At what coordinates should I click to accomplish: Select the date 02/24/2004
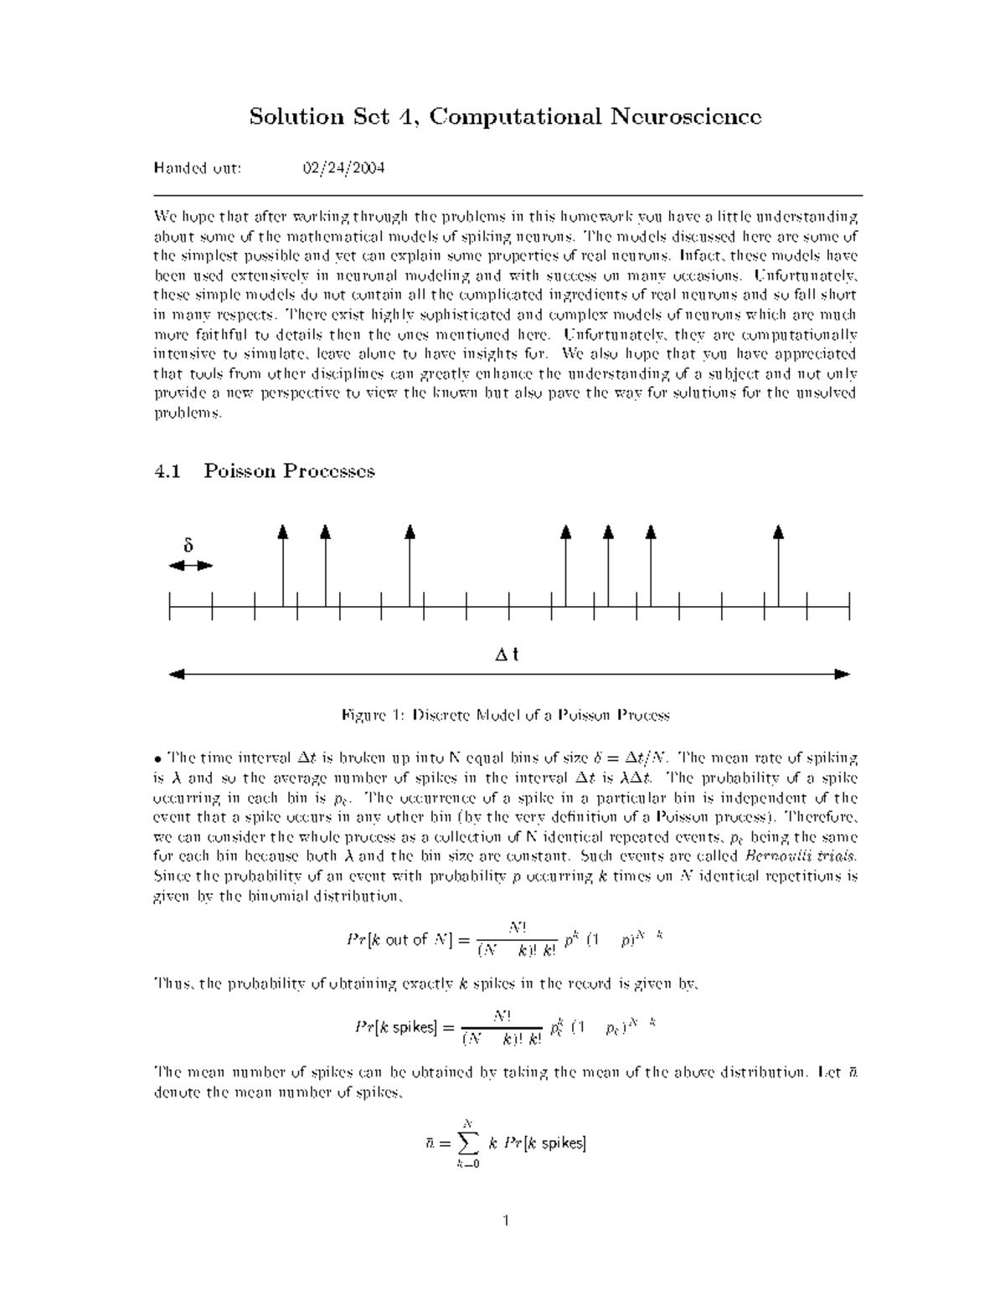coord(343,168)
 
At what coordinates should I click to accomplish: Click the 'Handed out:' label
coord(198,168)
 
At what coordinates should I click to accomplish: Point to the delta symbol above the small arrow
coord(188,546)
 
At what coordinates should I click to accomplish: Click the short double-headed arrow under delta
coord(190,566)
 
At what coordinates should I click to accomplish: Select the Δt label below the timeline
coord(507,655)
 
